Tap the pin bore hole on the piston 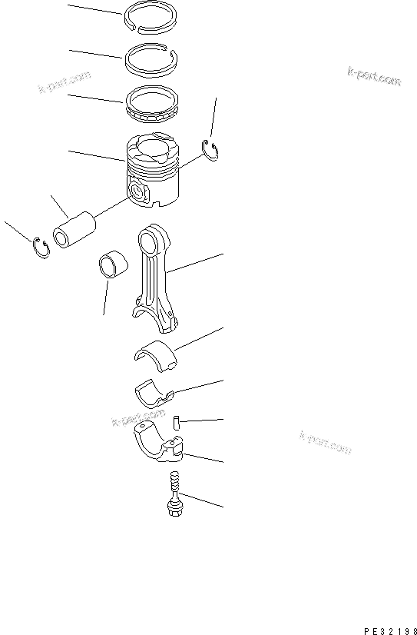[x=137, y=190]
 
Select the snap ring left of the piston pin [x=41, y=248]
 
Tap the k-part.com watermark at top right [x=373, y=76]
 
